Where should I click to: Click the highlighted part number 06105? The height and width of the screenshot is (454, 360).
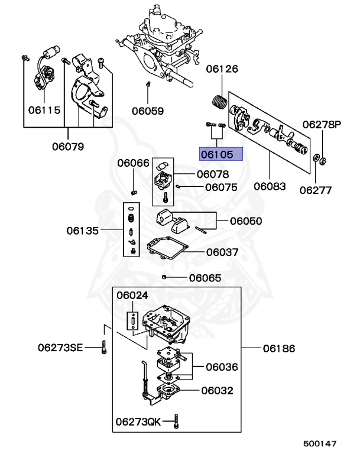221,154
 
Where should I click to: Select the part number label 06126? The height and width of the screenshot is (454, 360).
222,69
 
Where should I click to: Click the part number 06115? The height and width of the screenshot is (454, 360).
44,110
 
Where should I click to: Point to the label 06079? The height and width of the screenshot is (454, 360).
67,145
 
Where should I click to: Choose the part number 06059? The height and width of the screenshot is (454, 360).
148,110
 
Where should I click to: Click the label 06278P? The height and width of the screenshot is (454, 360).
322,125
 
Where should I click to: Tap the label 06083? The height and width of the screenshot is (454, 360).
270,186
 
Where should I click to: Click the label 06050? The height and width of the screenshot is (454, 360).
246,221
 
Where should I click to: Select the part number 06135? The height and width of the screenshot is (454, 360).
83,230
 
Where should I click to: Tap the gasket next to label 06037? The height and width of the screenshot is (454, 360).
168,248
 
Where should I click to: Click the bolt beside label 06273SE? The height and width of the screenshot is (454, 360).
104,348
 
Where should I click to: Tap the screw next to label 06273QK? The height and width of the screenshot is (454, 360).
178,422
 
